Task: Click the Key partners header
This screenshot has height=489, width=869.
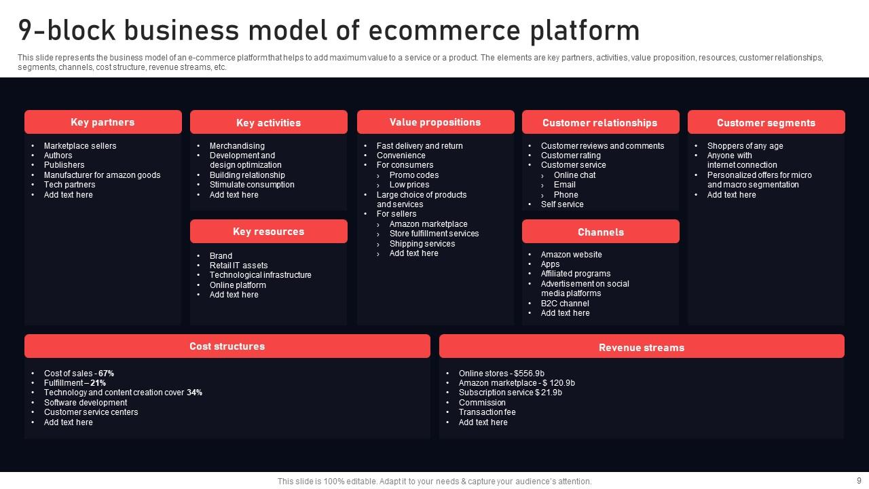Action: pos(103,122)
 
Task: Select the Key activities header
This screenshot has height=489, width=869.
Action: pos(268,123)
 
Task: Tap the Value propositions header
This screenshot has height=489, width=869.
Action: pos(435,122)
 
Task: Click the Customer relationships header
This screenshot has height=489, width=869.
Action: pos(600,123)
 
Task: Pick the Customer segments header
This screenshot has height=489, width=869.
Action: pos(766,123)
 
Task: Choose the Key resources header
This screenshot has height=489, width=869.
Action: pos(268,232)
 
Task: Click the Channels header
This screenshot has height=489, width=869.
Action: pos(600,232)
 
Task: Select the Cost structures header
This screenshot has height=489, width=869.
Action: pos(227,346)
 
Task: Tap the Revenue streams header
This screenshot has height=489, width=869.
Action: pos(642,348)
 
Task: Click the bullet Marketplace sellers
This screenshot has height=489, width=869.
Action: pos(80,146)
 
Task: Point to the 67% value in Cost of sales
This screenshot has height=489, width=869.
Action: pos(106,374)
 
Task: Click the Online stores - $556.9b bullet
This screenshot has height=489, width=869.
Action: pos(501,374)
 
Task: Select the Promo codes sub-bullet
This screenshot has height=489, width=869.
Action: pos(414,175)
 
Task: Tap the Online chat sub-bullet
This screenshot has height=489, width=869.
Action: pos(574,175)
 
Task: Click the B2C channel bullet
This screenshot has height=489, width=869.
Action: pos(565,304)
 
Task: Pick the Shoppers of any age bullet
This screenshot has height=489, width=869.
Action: pos(745,146)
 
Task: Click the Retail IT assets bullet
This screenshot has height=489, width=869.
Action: pos(238,266)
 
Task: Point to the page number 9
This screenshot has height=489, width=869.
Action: pos(858,479)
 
